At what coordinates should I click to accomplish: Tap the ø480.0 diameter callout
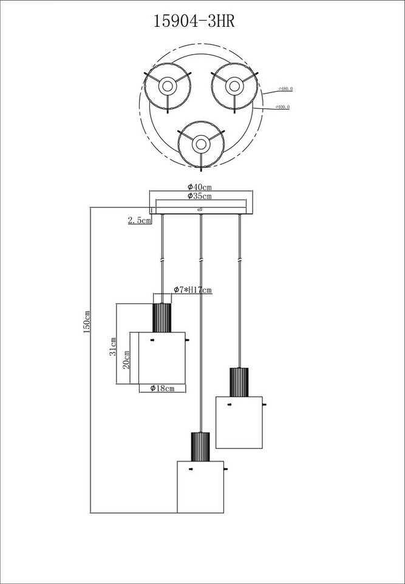point(285,89)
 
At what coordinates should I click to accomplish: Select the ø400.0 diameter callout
point(282,107)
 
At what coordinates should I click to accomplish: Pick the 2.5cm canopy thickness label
point(139,220)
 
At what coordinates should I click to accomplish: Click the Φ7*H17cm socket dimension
point(192,290)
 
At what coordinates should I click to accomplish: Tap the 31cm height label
point(113,347)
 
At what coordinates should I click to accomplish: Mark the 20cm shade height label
point(126,360)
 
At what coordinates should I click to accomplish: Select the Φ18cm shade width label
point(162,388)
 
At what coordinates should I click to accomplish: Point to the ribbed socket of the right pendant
point(239,382)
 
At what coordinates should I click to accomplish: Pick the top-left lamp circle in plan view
point(167,86)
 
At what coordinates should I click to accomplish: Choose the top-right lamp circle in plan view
point(234,86)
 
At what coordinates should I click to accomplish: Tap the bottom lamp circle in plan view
point(201,144)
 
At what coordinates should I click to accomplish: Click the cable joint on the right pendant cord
point(240,260)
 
